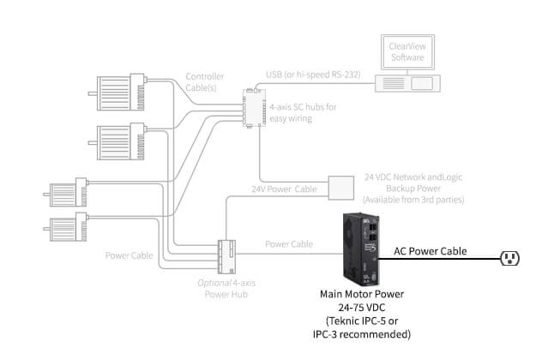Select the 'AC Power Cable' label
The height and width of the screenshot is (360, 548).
click(x=430, y=251)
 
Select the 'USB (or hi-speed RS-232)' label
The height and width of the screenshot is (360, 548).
click(x=313, y=73)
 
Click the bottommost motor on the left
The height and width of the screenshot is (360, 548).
click(x=67, y=229)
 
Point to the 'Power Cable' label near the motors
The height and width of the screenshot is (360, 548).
click(x=129, y=255)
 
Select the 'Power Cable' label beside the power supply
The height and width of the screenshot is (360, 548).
click(x=289, y=244)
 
